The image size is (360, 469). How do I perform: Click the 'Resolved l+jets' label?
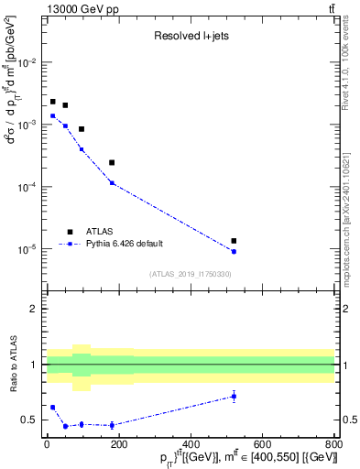(x=190, y=36)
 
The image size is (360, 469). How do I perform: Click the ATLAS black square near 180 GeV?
(x=112, y=163)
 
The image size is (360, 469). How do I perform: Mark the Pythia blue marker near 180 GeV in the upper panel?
(x=112, y=183)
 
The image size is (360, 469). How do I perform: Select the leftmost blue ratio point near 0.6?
(x=52, y=408)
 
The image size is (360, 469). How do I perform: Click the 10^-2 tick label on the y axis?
(x=30, y=62)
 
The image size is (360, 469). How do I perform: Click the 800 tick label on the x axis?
(x=332, y=447)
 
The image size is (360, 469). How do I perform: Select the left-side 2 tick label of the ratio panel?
(x=35, y=309)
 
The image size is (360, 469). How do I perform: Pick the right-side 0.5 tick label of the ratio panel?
(x=348, y=420)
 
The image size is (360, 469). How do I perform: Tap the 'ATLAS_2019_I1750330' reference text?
(x=190, y=274)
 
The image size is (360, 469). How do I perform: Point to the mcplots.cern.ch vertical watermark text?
(x=352, y=192)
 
